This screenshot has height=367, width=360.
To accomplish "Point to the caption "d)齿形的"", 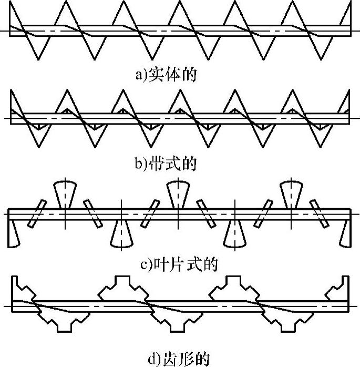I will pyautogui.click(x=178, y=359).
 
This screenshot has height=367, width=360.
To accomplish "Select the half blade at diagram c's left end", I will pyautogui.click(x=13, y=233).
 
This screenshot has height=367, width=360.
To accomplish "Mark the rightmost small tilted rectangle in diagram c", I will pyautogui.click(x=316, y=213).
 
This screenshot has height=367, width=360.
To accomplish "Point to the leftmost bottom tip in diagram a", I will pyautogui.click(x=38, y=58).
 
